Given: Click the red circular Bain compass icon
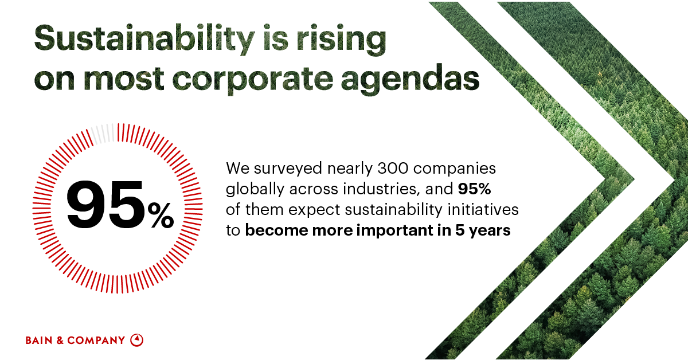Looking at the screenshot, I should pos(136,340).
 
